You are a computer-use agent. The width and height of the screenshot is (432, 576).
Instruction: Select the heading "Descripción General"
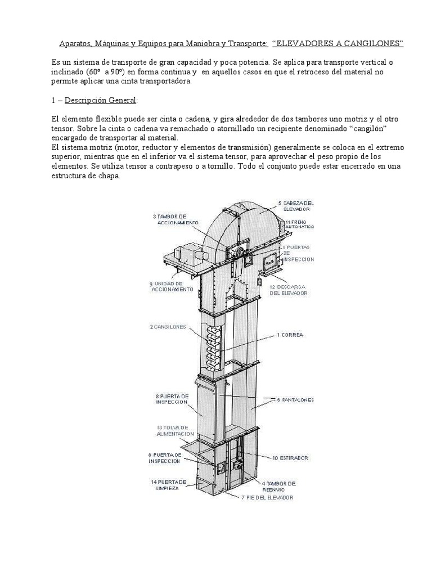click(100, 100)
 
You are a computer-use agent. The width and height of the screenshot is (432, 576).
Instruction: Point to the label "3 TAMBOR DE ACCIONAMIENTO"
click(175, 219)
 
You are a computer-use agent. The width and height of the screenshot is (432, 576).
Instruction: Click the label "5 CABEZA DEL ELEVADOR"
click(296, 205)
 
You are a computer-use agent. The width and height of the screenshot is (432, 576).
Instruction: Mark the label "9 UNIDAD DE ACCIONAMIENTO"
click(171, 286)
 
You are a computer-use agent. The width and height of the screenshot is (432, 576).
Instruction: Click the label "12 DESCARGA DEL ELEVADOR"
click(288, 290)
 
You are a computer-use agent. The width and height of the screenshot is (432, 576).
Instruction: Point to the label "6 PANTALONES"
click(295, 400)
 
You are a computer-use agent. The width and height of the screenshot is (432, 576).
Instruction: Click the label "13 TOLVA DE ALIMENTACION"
click(175, 431)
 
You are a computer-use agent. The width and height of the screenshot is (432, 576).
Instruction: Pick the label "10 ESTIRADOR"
click(290, 458)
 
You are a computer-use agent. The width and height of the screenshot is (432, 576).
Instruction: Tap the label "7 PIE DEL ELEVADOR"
click(267, 498)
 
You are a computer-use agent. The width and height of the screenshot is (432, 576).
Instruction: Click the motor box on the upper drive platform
click(187, 255)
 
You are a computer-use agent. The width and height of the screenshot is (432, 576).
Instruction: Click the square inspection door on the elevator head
click(270, 260)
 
